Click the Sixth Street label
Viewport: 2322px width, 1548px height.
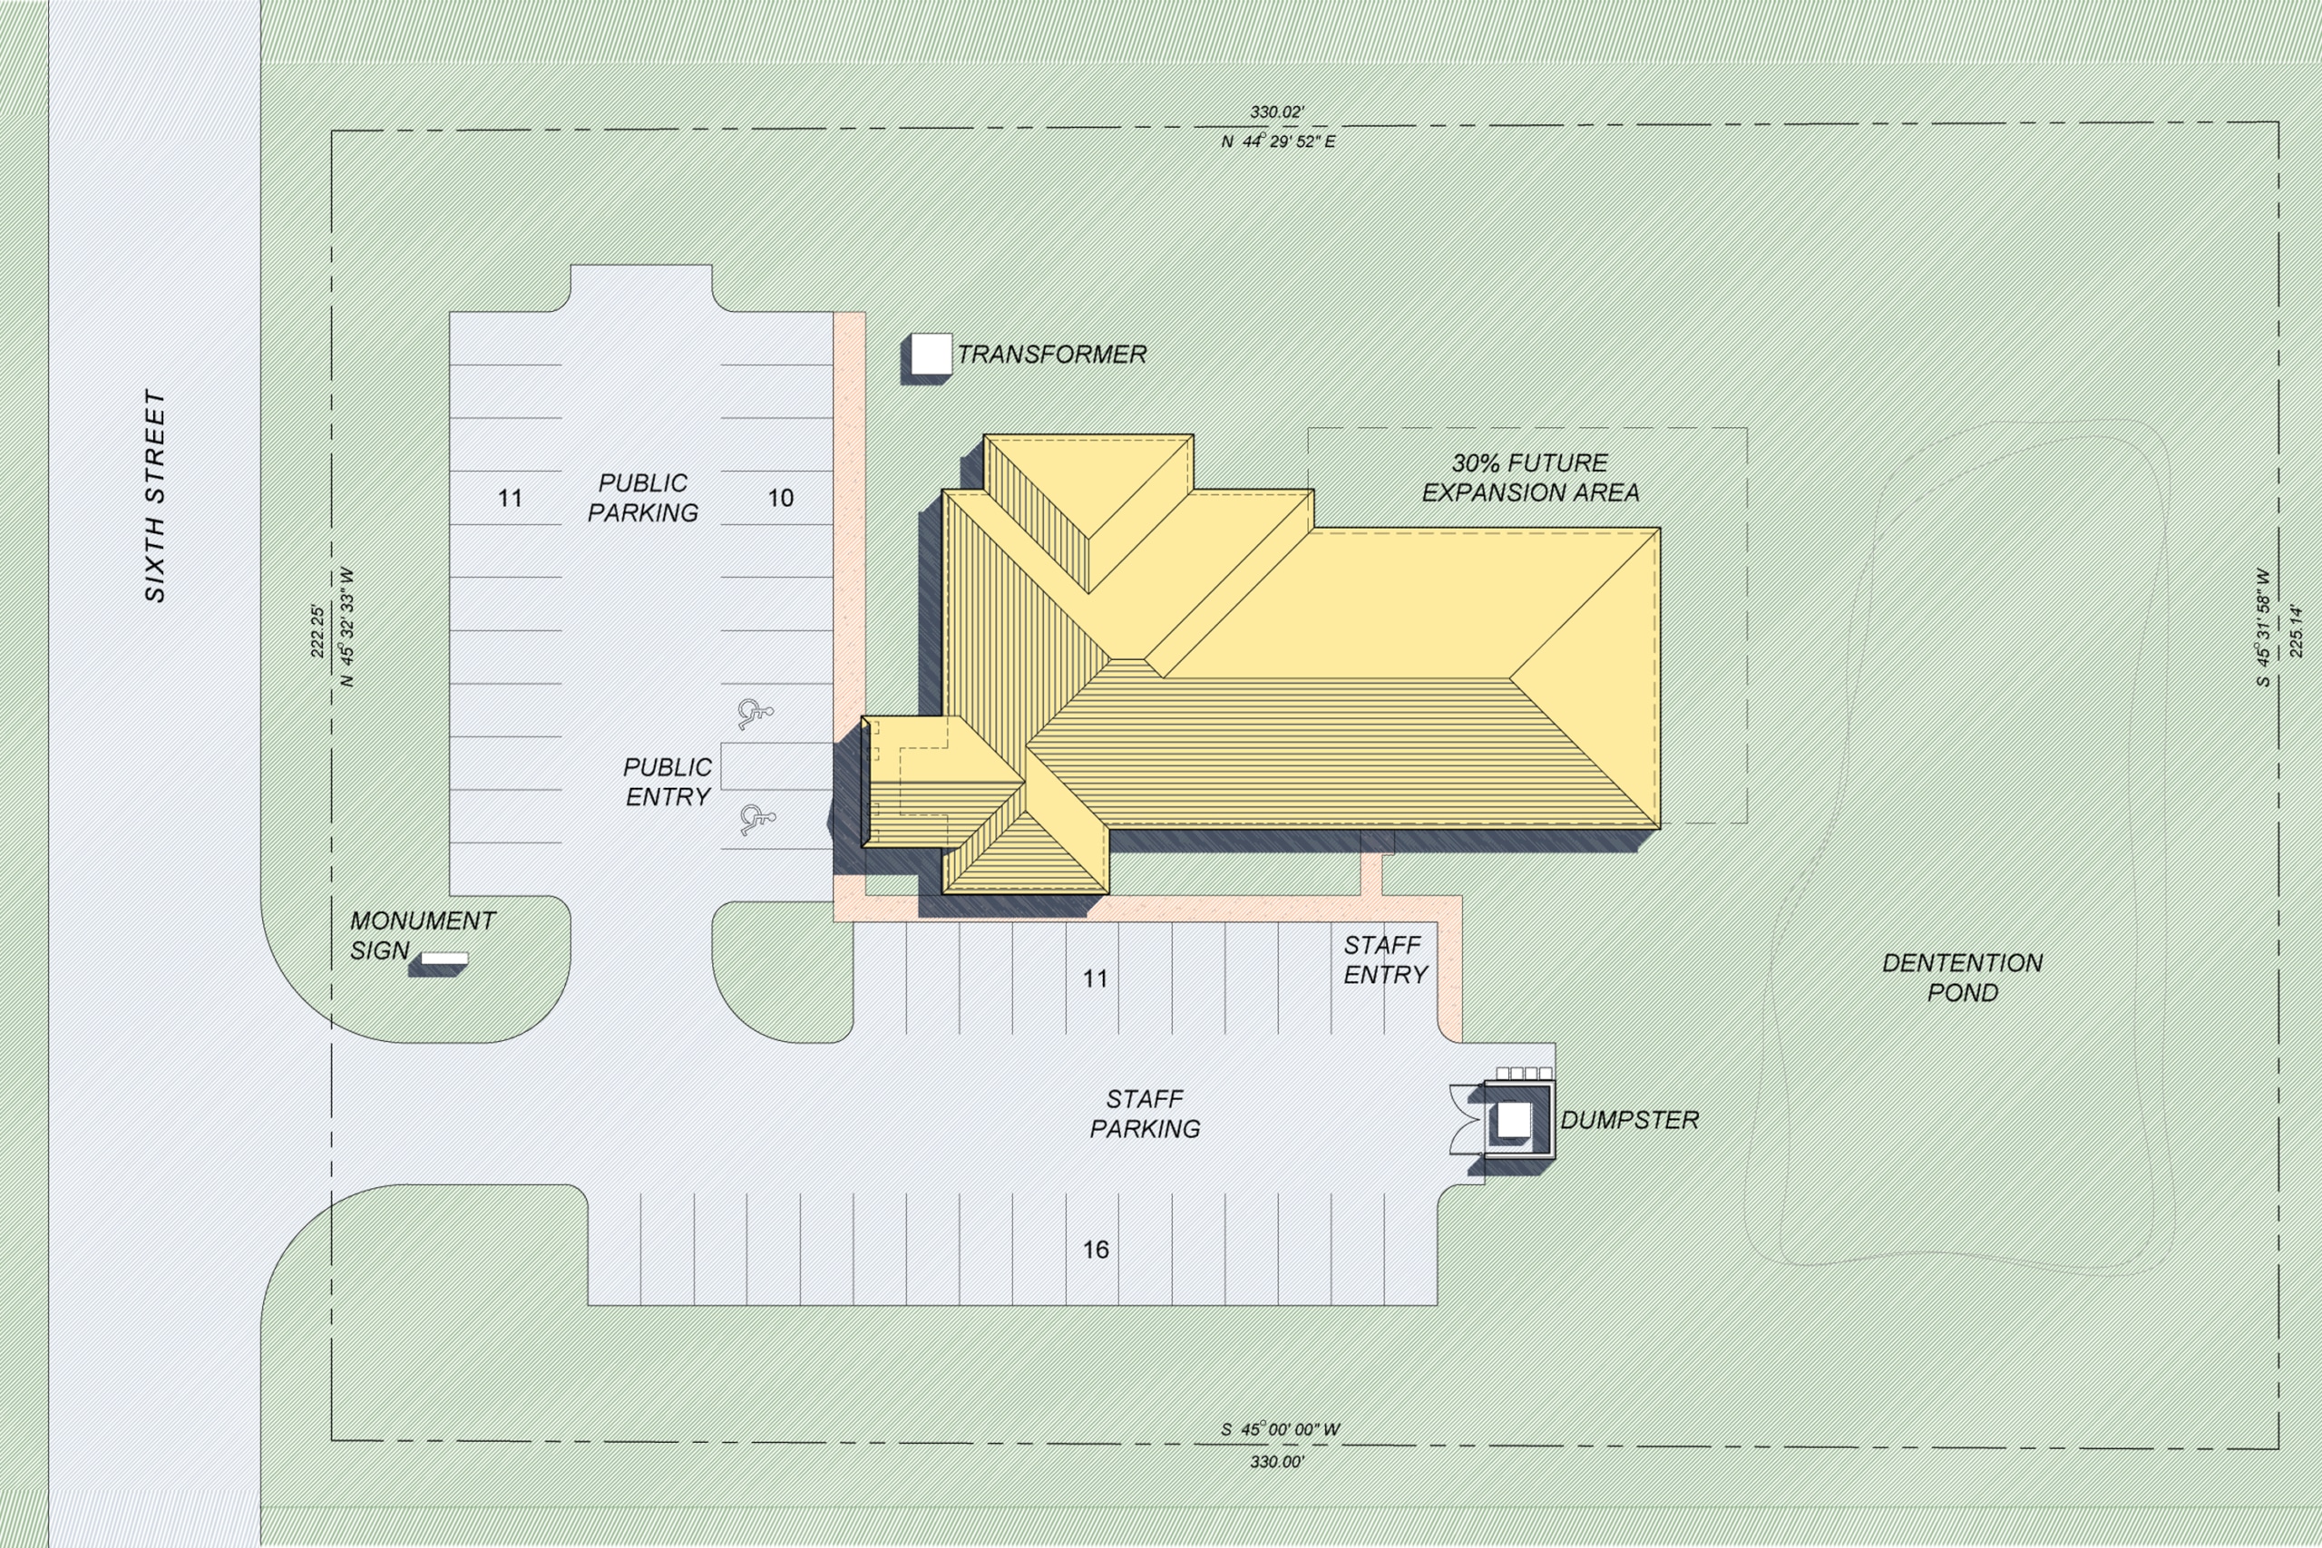coord(155,496)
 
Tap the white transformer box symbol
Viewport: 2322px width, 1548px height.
coord(930,355)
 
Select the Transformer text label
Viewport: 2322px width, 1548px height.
coord(1051,355)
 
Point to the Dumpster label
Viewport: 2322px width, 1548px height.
coord(1629,1120)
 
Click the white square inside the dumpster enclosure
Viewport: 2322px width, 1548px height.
coord(1514,1120)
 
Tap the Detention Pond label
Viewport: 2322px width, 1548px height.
coord(1963,978)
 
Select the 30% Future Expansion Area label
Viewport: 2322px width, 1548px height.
coord(1530,478)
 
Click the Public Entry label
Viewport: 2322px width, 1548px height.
coord(668,782)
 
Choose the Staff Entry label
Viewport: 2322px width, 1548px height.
coord(1385,959)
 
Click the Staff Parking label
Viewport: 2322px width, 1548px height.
coord(1146,1114)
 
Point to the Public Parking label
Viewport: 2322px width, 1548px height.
coord(643,498)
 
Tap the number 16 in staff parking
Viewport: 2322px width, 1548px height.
coord(1096,1250)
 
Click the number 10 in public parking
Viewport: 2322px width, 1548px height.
coord(781,498)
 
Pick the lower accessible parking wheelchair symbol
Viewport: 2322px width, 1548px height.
coord(756,820)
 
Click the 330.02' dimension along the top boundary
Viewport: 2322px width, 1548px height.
coord(1276,112)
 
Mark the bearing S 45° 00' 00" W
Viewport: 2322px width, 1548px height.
coord(1281,1429)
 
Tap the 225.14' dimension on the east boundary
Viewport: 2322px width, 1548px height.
coord(2297,630)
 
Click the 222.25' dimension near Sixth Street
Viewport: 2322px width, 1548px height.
coord(317,631)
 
